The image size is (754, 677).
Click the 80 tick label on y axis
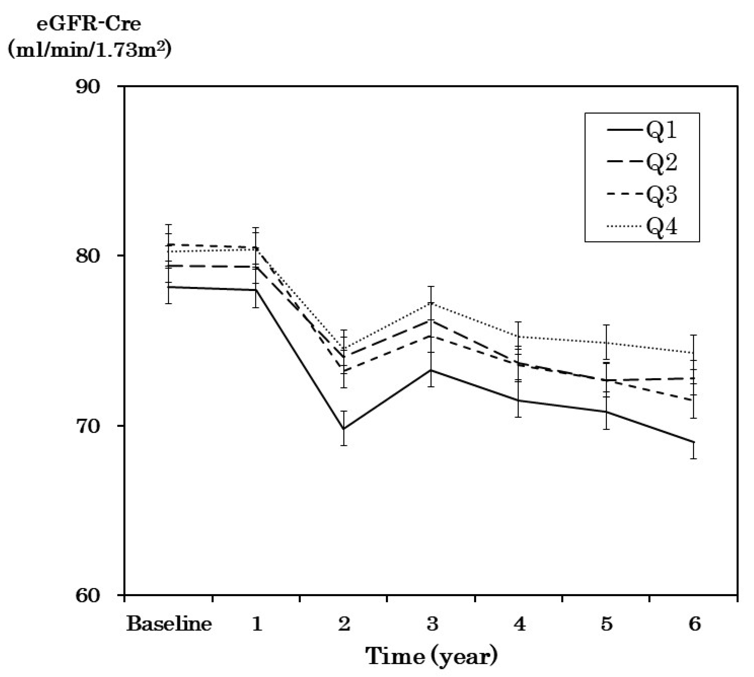[x=88, y=256]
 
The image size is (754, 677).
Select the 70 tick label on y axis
[x=88, y=426]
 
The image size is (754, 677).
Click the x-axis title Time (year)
[x=431, y=656]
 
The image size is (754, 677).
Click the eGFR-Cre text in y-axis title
[x=88, y=25]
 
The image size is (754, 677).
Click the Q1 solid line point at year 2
[x=345, y=429]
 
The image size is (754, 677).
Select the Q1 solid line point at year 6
[x=694, y=442]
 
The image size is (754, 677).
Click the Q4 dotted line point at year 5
[x=606, y=342]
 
